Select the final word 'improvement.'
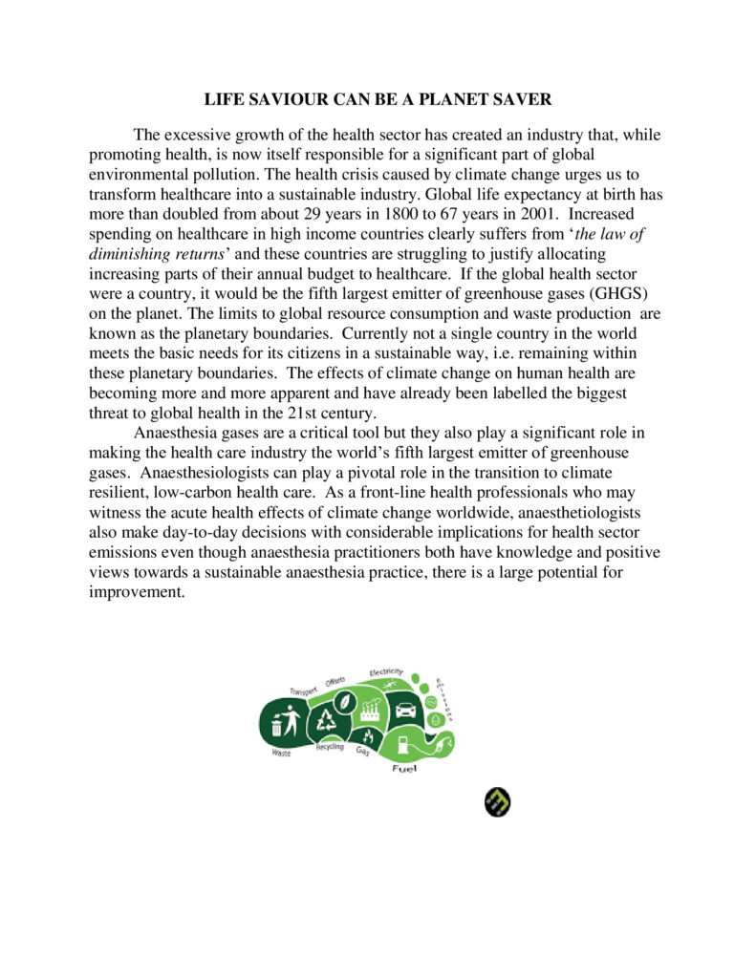click(x=136, y=592)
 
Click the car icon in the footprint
click(x=403, y=710)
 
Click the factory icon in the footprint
click(x=369, y=708)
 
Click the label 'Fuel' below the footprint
click(x=404, y=770)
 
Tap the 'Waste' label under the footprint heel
click(x=280, y=754)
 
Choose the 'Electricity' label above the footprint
click(x=387, y=672)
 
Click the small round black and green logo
click(x=497, y=802)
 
